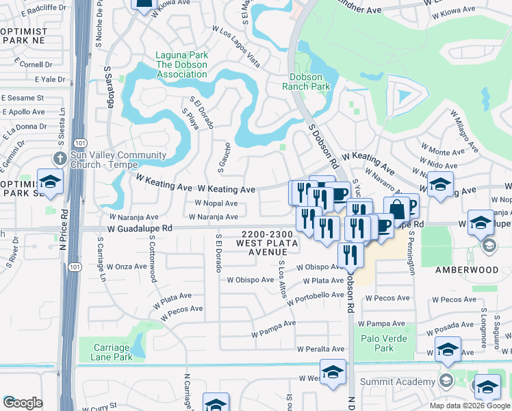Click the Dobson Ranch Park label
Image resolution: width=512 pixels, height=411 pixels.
point(306,82)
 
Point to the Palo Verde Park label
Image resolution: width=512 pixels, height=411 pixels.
point(384,343)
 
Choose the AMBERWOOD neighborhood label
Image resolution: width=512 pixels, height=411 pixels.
point(467,270)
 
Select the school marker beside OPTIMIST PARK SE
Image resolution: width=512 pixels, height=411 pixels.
point(50,182)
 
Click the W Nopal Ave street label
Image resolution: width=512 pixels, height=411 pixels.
point(216,203)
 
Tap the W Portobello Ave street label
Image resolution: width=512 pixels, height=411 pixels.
point(316,299)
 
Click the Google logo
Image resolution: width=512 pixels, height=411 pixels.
point(23,403)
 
